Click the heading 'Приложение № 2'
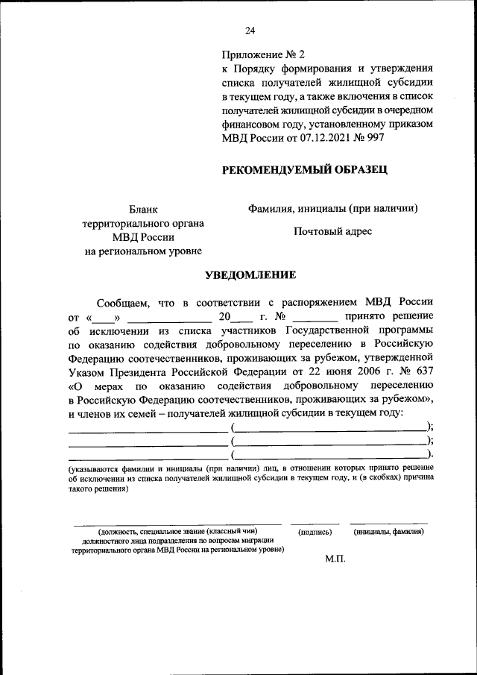tap(263, 55)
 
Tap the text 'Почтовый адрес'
tap(332, 231)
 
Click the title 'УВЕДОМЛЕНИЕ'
tap(250, 275)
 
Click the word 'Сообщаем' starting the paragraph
tap(123, 302)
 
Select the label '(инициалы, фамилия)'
tap(389, 532)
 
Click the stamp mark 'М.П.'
tap(335, 559)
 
